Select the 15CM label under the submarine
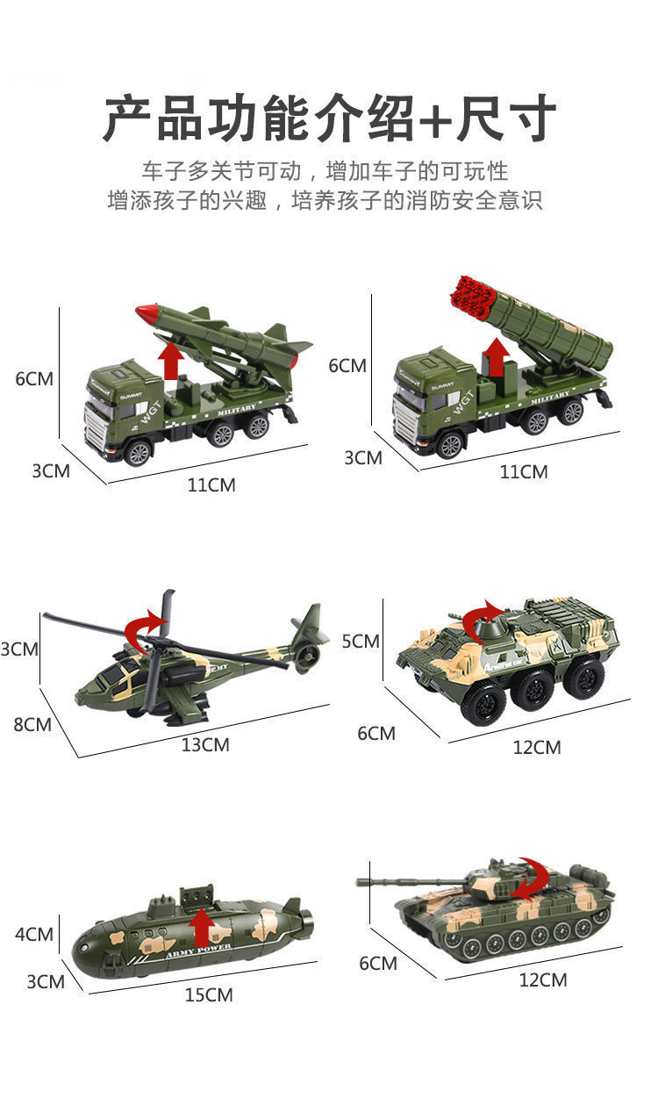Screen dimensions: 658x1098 coord(209,995)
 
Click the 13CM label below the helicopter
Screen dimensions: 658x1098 coord(205,744)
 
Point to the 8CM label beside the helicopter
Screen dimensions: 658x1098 coord(32,724)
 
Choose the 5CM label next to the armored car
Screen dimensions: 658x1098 coord(361,641)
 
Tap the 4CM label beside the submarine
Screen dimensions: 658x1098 coord(34,934)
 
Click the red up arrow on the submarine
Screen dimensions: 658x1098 coord(202,928)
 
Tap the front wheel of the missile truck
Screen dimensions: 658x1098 coord(139,452)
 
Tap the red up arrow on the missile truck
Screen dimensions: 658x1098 coord(171,361)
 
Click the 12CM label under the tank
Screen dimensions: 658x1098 coord(543,980)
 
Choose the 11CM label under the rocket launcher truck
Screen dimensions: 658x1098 coord(523,471)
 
